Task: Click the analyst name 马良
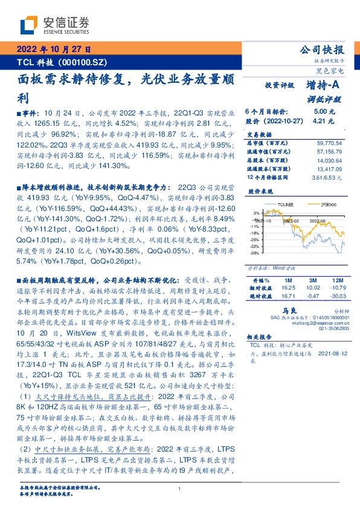294,308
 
